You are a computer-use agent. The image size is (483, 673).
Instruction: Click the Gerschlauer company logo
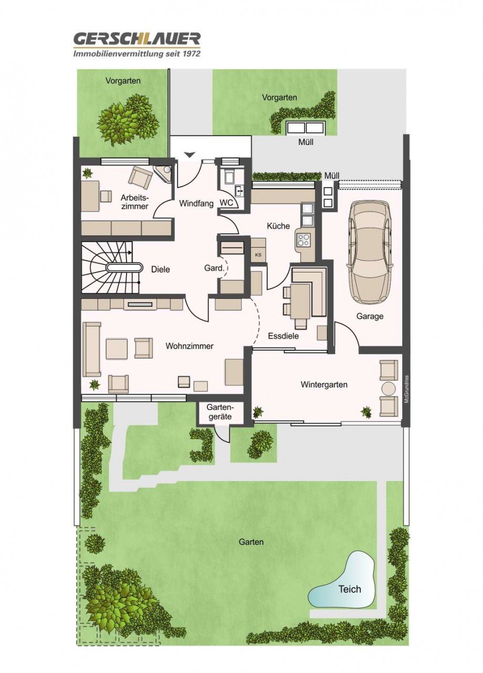coord(136,45)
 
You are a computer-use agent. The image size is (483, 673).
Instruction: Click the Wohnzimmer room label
coord(190,346)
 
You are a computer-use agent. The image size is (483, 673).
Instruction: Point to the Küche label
coord(278,225)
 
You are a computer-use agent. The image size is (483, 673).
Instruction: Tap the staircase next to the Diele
coord(111,267)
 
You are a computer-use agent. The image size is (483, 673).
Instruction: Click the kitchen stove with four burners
coord(303,239)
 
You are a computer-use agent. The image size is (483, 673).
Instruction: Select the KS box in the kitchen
coord(258,255)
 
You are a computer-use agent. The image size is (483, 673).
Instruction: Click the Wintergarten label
coord(324,384)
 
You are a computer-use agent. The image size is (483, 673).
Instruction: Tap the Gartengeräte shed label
coord(220,412)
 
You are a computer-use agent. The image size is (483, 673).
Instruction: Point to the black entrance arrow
coord(190,154)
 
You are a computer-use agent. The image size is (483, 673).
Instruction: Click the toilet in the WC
coord(229,175)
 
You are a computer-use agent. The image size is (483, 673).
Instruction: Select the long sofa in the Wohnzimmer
coord(92,349)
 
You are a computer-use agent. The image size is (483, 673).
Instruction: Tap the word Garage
coord(370,316)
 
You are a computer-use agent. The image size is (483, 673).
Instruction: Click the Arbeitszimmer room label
coord(134,202)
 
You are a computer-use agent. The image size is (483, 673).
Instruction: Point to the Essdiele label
coord(283,335)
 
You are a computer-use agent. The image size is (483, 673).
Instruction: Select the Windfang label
coord(196,203)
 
